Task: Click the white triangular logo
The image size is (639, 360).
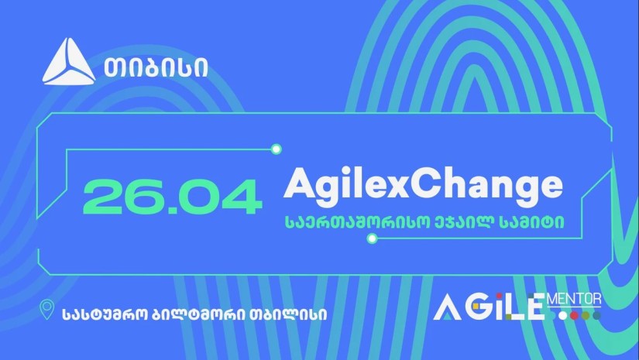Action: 69,62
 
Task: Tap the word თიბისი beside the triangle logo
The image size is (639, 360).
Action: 156,67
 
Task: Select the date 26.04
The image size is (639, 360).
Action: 172,197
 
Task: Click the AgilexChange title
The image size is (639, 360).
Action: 423,185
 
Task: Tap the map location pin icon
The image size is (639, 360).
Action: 47,310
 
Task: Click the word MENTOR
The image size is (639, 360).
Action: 575,300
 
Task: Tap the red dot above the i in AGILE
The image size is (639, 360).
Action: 499,296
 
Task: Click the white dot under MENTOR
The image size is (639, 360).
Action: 563,316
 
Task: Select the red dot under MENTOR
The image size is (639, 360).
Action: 575,316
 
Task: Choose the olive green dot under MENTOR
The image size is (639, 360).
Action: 586,316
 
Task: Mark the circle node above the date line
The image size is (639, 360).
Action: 277,149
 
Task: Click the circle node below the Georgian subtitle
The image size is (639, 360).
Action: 372,238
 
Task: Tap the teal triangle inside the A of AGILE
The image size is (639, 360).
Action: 447,315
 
